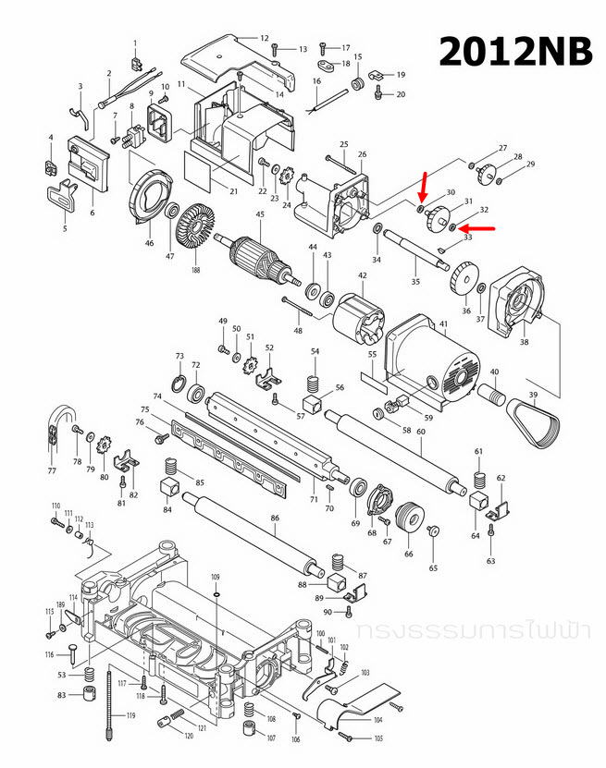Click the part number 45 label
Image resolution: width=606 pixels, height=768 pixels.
point(260,215)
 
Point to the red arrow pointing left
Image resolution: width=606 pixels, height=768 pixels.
point(476,227)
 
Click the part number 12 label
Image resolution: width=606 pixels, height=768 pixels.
point(264,38)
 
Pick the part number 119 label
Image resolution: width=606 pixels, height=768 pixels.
point(130,716)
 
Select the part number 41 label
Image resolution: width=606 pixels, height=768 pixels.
point(443,323)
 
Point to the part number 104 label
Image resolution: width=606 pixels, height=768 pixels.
point(377,719)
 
